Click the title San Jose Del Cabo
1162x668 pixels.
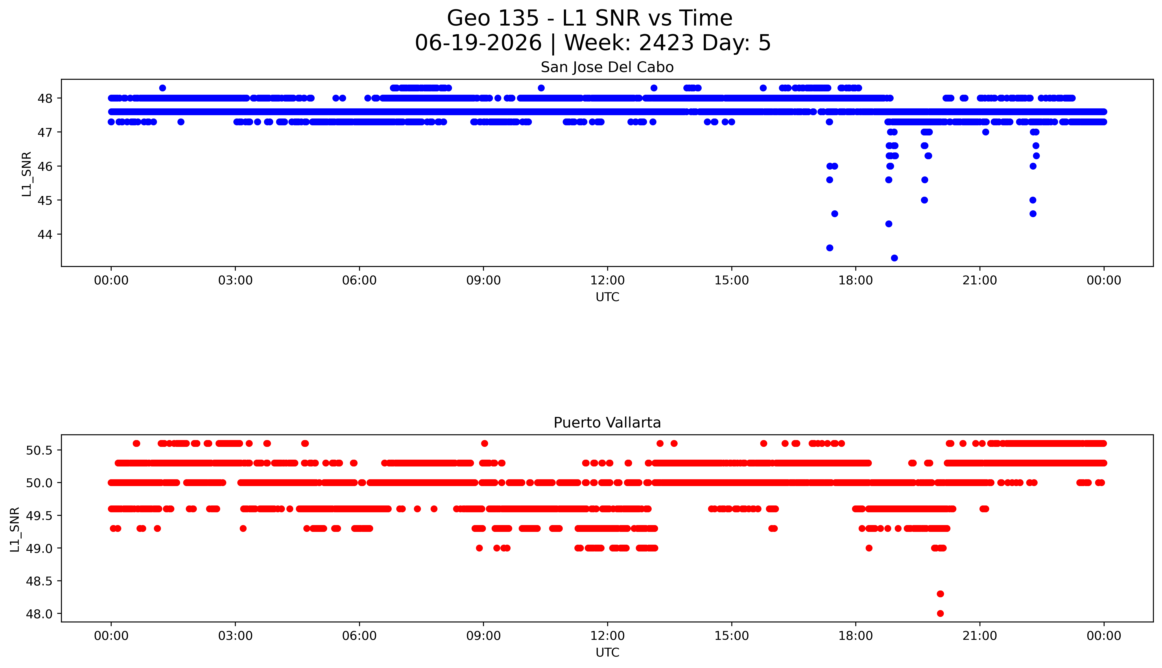coord(607,67)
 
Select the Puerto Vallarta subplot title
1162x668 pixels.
coord(607,423)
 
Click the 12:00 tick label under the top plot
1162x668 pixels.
coord(607,280)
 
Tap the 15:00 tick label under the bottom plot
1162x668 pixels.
coord(731,636)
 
